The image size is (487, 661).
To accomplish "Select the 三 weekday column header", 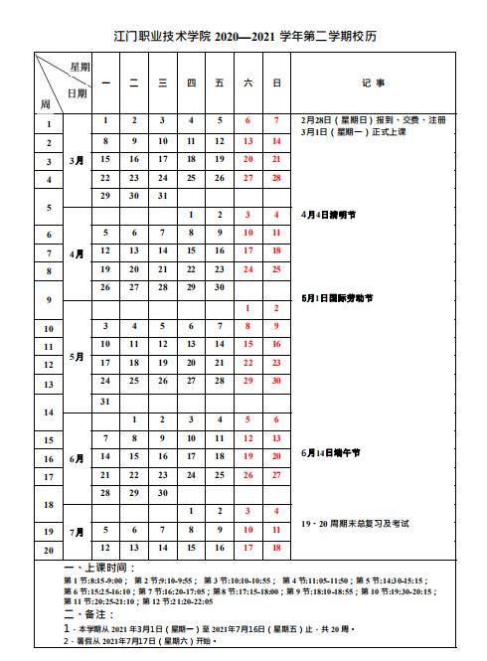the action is coord(162,83).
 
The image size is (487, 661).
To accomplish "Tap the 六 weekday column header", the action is coord(247,83).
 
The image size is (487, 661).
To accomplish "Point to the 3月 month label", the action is coord(78,159).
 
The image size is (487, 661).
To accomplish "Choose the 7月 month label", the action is coord(78,532).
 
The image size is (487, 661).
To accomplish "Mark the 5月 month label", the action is coord(78,355).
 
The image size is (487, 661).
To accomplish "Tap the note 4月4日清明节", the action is coord(329,215).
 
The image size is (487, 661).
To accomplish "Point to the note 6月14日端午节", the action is coord(331,453).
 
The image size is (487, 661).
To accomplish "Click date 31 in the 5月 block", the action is coord(105,401).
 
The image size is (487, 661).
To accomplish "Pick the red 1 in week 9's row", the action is coord(247,308).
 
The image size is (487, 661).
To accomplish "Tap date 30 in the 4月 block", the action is coord(191,287).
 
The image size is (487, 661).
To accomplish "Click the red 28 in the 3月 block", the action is coord(276,177).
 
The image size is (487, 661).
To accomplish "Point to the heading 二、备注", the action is coord(85,616).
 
